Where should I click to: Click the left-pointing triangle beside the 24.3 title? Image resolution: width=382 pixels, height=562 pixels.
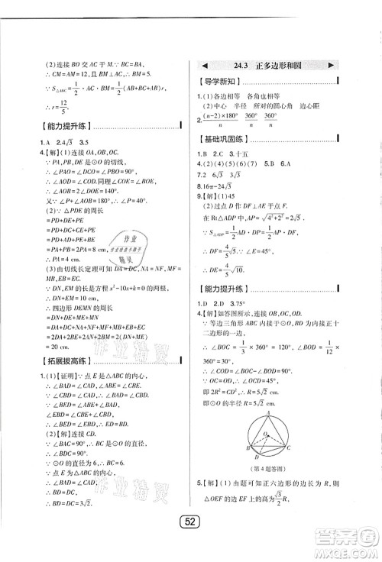pos(206,66)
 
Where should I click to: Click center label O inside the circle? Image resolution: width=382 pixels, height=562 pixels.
pos(264,434)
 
